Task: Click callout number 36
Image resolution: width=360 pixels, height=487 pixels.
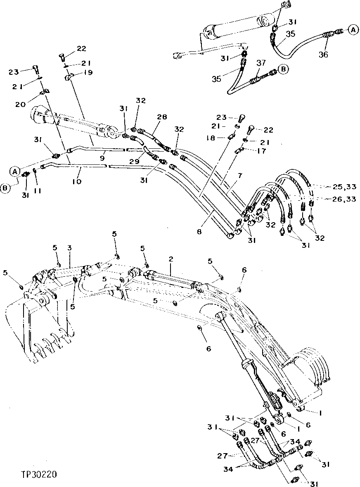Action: (324, 54)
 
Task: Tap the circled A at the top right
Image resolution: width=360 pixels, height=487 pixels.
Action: (352, 29)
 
